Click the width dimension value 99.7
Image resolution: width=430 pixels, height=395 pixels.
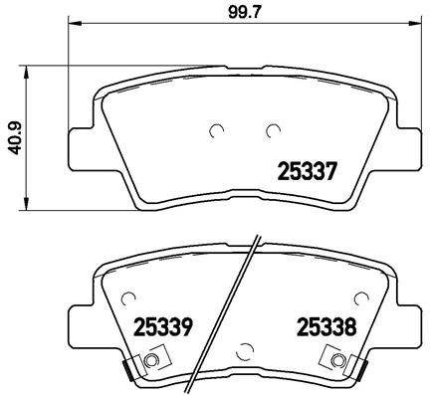pyautogui.click(x=241, y=12)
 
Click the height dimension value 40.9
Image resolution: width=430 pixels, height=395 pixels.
pyautogui.click(x=13, y=139)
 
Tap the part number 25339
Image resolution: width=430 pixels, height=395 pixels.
pyautogui.click(x=163, y=325)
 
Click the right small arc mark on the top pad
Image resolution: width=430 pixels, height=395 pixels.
pyautogui.click(x=271, y=129)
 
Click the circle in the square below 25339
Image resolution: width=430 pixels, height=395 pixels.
pyautogui.click(x=152, y=360)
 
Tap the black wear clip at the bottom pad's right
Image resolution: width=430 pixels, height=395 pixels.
pyautogui.click(x=361, y=371)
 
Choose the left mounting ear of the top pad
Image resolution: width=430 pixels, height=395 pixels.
pyautogui.click(x=80, y=144)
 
